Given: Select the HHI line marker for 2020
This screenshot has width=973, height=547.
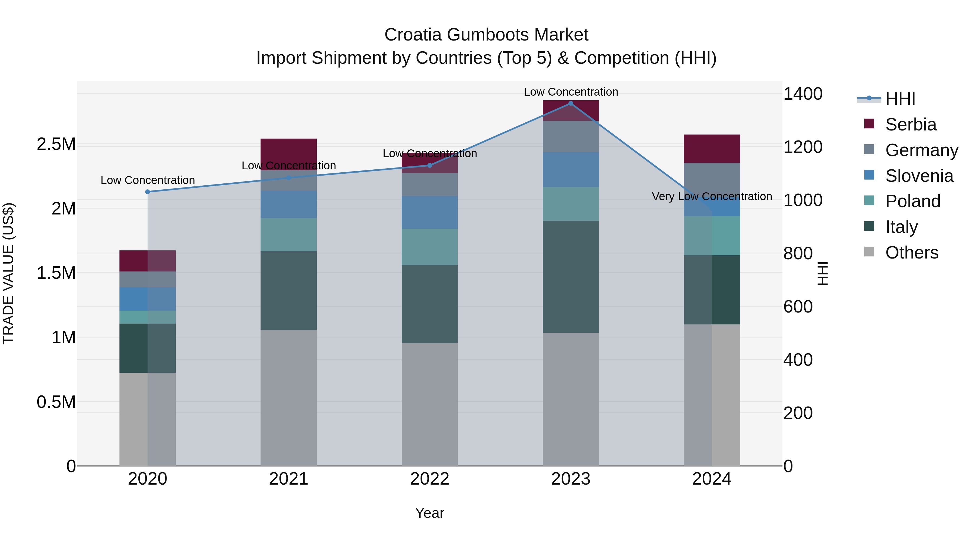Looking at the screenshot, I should click(148, 192).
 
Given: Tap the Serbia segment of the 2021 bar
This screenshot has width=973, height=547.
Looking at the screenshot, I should click(289, 154).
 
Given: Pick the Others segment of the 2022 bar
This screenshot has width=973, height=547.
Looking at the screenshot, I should click(429, 404).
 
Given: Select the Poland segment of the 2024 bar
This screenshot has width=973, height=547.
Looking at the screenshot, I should click(712, 236).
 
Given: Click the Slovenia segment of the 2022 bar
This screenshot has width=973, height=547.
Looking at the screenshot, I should click(429, 212).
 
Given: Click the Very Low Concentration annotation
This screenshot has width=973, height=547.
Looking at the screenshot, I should click(712, 196).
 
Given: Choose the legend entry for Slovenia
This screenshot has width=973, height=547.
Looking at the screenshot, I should click(919, 176).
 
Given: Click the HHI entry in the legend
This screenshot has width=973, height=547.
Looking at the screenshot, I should click(900, 99).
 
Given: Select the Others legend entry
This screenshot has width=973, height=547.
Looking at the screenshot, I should click(911, 253).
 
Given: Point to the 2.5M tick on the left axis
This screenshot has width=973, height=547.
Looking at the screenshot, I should click(56, 144).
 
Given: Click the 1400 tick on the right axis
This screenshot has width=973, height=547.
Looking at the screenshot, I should click(803, 94).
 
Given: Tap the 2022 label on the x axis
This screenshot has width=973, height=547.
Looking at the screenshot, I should click(429, 479).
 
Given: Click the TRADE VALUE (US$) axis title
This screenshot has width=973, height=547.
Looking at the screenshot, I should click(8, 273).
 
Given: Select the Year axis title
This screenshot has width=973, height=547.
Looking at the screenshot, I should click(429, 513).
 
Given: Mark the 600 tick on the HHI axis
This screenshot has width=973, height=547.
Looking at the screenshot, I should click(798, 307).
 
